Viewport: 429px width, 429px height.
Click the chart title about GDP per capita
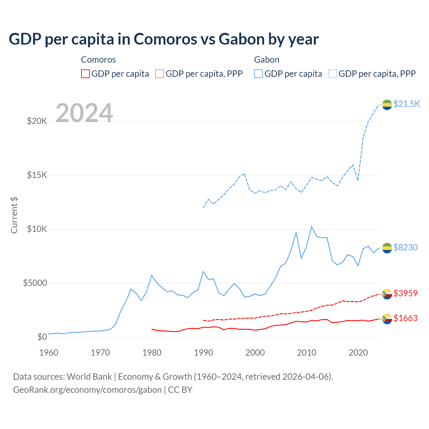click(164, 39)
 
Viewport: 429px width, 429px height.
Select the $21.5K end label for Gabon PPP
click(407, 104)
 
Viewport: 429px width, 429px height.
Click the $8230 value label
click(405, 247)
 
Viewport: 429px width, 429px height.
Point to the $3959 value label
click(405, 293)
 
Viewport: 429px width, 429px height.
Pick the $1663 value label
click(405, 318)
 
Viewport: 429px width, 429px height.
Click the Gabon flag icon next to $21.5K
click(387, 105)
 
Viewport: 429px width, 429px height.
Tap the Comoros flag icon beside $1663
click(387, 319)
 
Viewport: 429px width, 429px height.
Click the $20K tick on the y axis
click(37, 121)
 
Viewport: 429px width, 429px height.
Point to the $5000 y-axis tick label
click(35, 283)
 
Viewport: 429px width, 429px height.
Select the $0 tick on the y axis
click(42, 337)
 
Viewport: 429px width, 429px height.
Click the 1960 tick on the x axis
click(49, 353)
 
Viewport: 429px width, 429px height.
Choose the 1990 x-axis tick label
click(203, 353)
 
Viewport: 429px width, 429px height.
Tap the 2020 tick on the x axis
click(358, 353)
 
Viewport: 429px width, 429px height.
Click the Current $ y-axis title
click(14, 215)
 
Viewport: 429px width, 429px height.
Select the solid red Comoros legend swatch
click(85, 74)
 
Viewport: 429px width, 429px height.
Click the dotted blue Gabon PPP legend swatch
click(333, 74)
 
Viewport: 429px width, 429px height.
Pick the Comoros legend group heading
click(98, 60)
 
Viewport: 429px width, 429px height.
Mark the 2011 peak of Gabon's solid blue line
click(312, 227)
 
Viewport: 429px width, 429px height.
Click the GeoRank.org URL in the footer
click(87, 390)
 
